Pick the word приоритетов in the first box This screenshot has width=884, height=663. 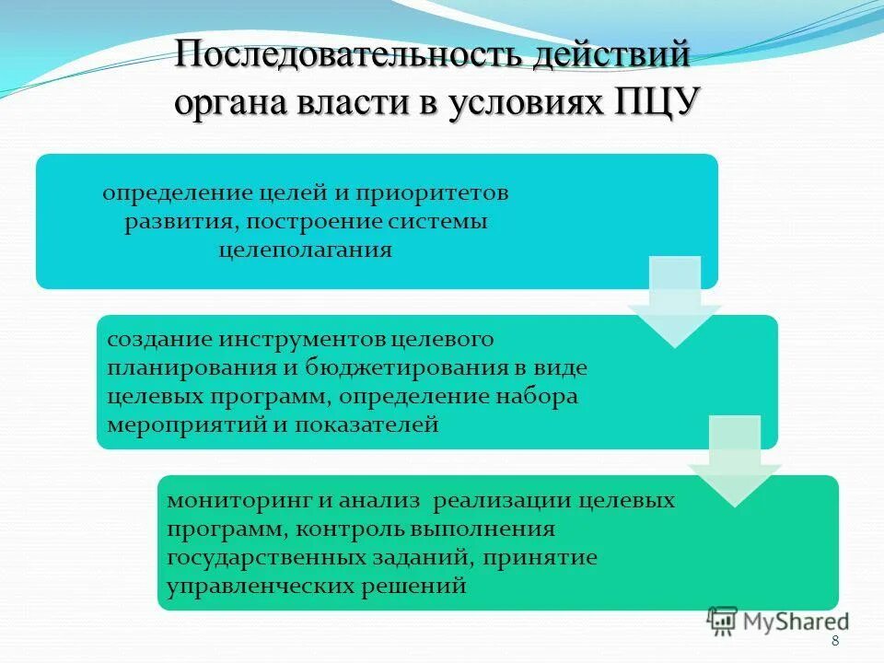click(x=429, y=194)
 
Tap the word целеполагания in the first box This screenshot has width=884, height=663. click(x=305, y=250)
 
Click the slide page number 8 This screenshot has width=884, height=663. click(x=834, y=642)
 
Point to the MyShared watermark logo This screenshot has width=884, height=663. click(x=779, y=622)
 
